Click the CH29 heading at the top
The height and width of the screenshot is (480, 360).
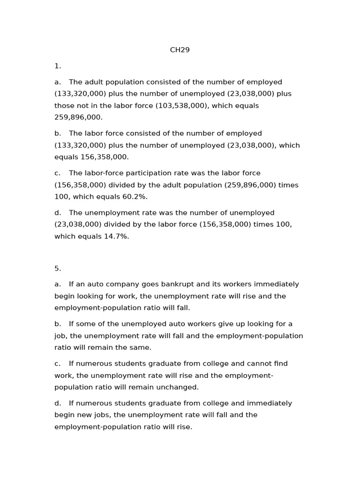180,50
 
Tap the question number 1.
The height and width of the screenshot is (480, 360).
58,66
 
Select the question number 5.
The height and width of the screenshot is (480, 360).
58,269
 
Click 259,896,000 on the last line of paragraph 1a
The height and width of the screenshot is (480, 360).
78,117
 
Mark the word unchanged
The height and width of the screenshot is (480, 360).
178,387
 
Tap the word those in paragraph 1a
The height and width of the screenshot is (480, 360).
64,105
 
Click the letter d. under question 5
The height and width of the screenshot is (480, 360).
58,403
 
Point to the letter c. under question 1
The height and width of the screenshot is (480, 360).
58,173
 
